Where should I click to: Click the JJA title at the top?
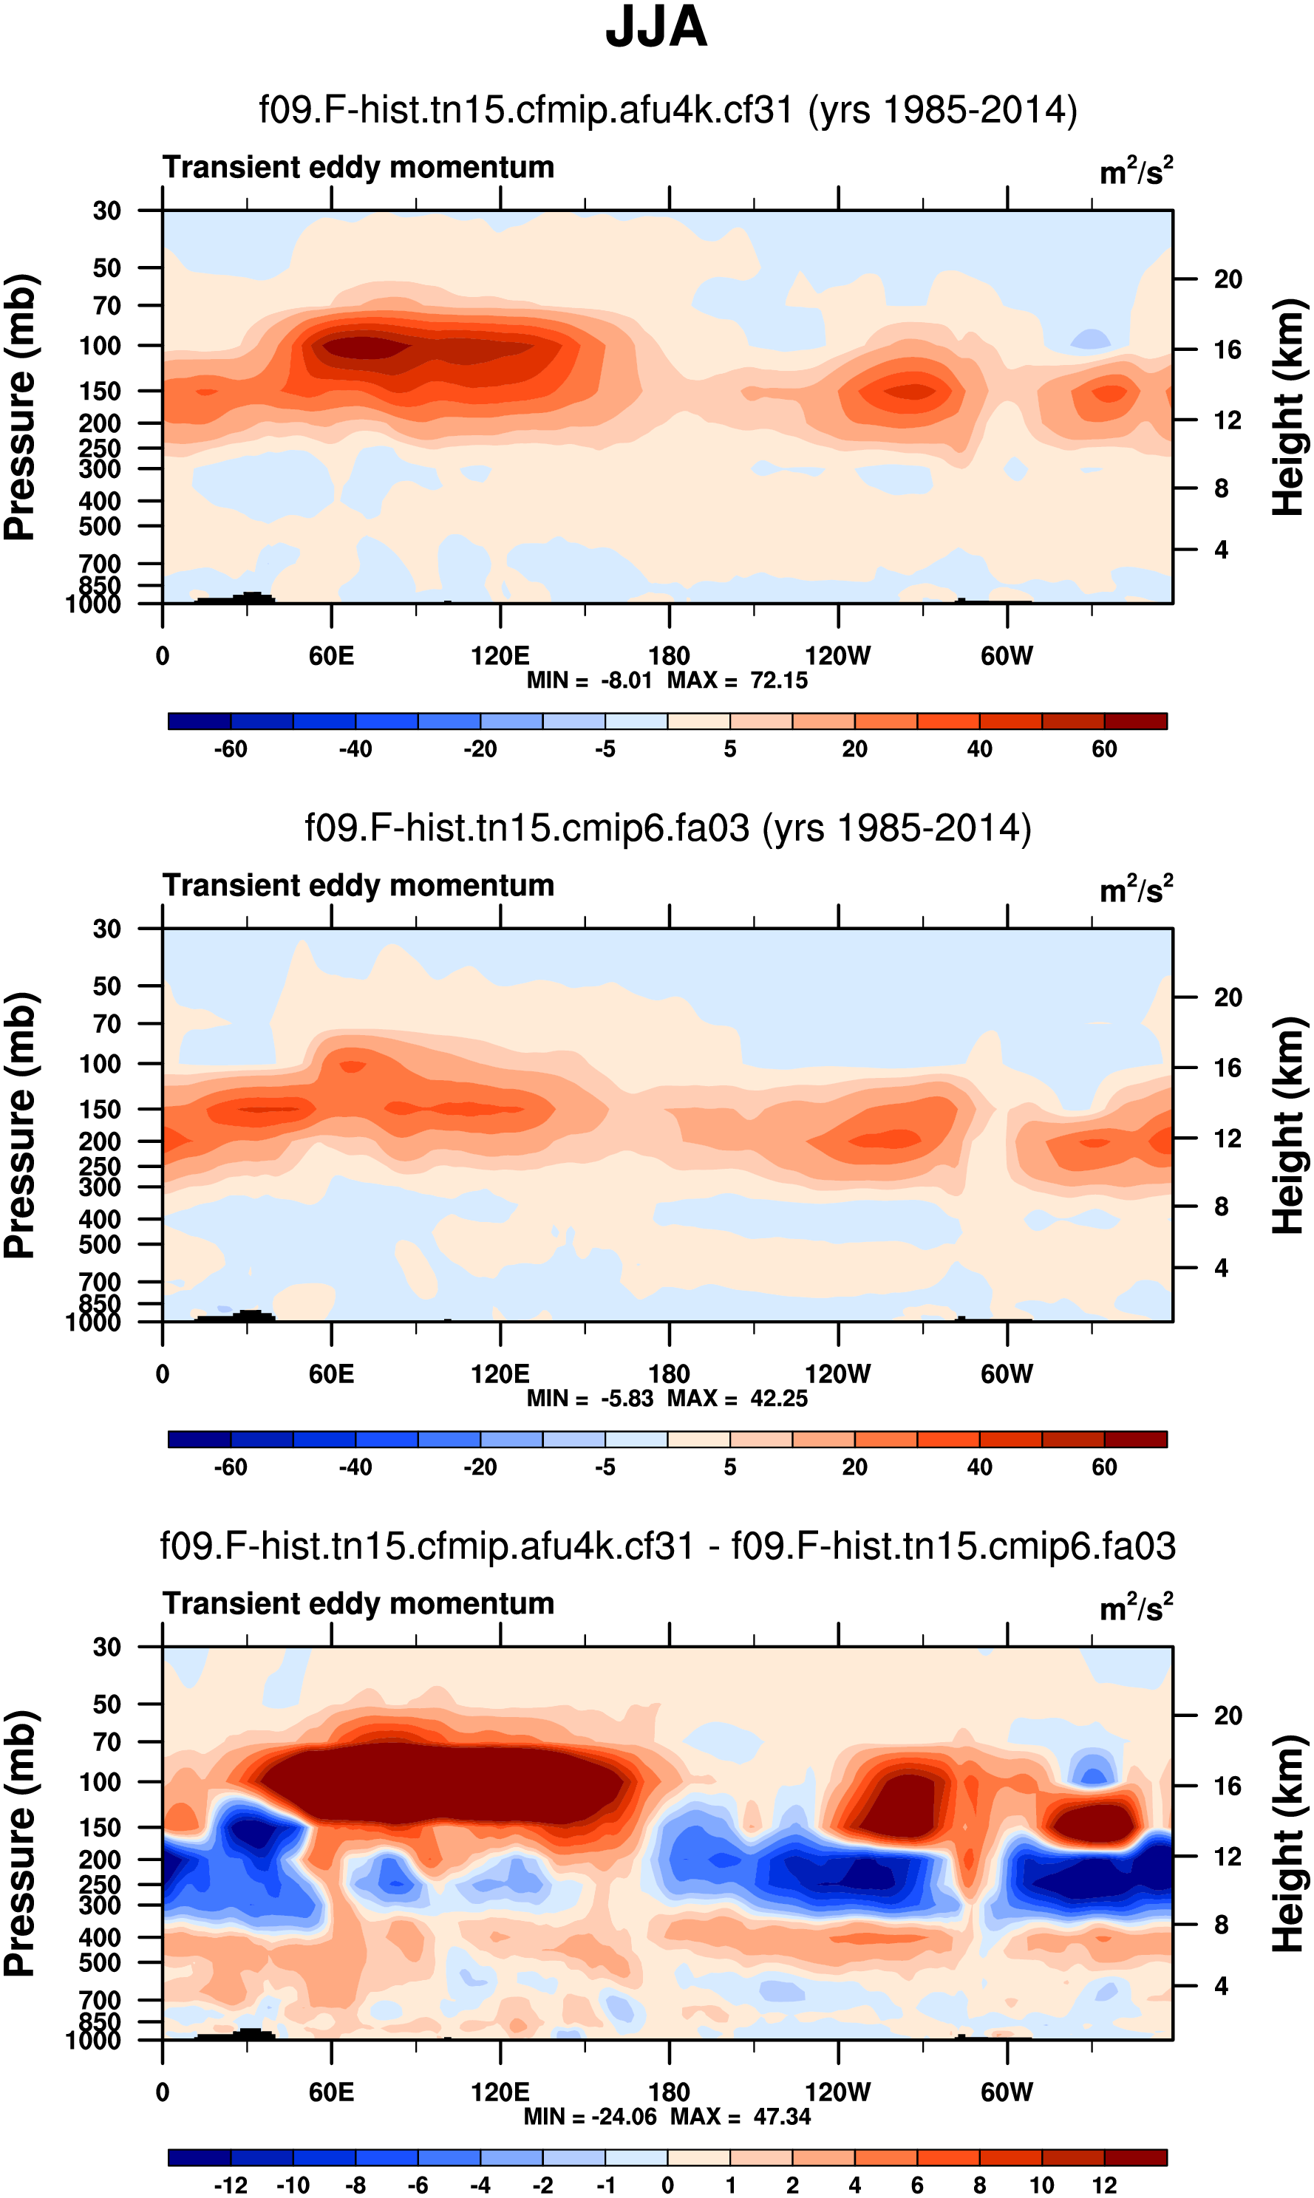pyautogui.click(x=656, y=27)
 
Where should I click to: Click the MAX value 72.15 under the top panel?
pyautogui.click(x=778, y=680)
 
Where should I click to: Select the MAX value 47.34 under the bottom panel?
pyautogui.click(x=782, y=2117)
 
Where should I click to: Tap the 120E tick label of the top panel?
pyautogui.click(x=500, y=656)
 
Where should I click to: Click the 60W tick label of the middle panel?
pyautogui.click(x=1007, y=1374)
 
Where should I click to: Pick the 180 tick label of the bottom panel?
pyautogui.click(x=669, y=2092)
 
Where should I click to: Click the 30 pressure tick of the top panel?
pyautogui.click(x=106, y=211)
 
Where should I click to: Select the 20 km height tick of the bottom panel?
pyautogui.click(x=1228, y=1716)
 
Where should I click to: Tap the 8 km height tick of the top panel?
pyautogui.click(x=1221, y=488)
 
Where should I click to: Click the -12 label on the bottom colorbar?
pyautogui.click(x=231, y=2185)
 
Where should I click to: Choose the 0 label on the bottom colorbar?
pyautogui.click(x=667, y=2185)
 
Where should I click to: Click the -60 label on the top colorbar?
pyautogui.click(x=231, y=749)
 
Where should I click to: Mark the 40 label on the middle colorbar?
pyautogui.click(x=979, y=1467)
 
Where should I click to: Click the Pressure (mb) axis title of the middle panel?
pyautogui.click(x=19, y=1125)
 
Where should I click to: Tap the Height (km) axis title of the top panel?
pyautogui.click(x=1288, y=407)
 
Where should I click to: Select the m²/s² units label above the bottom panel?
pyautogui.click(x=1136, y=1607)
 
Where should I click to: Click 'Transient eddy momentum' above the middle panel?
pyautogui.click(x=358, y=885)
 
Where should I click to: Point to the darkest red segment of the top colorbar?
pyautogui.click(x=1136, y=721)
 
